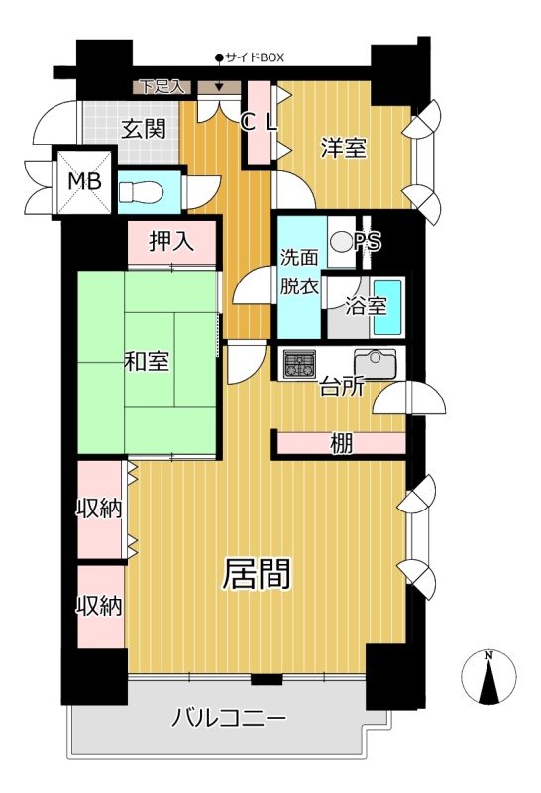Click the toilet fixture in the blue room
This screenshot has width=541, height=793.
tap(140, 192)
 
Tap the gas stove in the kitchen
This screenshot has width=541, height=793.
tap(299, 364)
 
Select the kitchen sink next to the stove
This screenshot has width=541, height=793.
tap(375, 364)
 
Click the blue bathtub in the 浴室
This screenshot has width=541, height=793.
tap(387, 307)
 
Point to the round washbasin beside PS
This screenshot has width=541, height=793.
tap(340, 241)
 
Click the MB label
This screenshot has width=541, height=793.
tap(85, 180)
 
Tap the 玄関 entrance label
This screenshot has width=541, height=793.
tap(144, 129)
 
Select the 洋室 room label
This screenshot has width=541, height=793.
tap(344, 148)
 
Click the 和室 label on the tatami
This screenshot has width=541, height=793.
tap(147, 361)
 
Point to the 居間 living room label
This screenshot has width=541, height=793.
tap(257, 574)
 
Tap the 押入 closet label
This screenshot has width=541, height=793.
tap(171, 241)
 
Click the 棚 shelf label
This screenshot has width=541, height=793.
tap(341, 444)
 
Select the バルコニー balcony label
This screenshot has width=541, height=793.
tap(229, 718)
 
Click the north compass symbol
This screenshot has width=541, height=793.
tap(488, 677)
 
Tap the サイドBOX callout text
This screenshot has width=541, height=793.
tap(255, 57)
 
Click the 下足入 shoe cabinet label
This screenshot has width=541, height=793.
tap(162, 87)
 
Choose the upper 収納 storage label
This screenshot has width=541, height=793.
tap(99, 508)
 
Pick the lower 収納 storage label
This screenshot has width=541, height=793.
tap(99, 605)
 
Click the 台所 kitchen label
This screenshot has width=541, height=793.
tap(341, 388)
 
